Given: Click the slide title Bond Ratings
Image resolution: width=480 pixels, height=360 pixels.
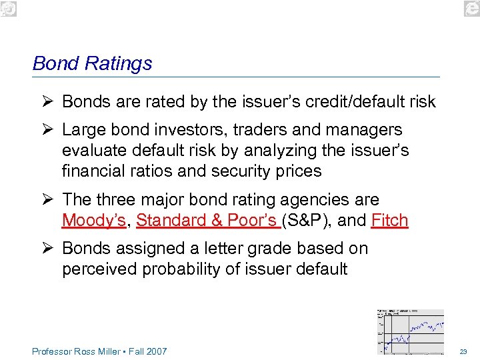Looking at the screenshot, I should pos(92,63).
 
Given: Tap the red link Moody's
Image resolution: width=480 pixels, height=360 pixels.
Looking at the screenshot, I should pos(93,221).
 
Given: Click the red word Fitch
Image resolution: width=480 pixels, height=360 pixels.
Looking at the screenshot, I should pos(389,221).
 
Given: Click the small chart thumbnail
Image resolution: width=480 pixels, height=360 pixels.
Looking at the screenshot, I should pos(411,331).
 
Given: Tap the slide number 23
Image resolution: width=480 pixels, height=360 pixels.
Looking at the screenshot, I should pos(464,351).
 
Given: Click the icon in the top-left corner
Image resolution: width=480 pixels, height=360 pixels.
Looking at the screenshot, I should pos(9,9).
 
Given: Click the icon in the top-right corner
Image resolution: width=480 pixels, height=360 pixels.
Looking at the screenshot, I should pos(471,9).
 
